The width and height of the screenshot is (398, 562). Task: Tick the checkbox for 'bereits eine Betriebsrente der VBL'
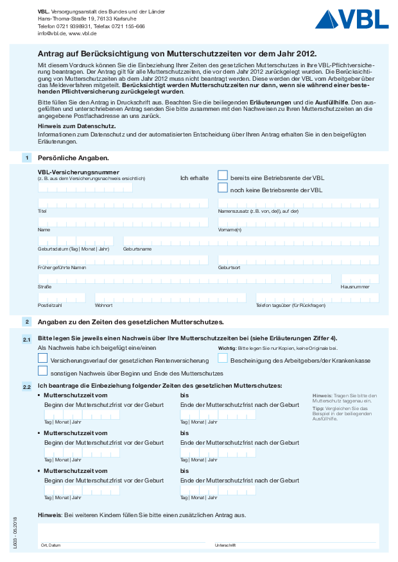coord(223,175)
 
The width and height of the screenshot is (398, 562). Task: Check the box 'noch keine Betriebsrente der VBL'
coord(223,188)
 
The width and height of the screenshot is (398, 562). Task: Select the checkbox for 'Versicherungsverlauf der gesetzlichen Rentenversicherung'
coord(43,359)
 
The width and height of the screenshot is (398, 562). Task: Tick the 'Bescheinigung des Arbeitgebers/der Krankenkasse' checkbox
coord(223,359)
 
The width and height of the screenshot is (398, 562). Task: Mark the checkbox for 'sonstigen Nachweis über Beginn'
coord(43,371)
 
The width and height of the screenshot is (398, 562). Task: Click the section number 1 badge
coord(26,158)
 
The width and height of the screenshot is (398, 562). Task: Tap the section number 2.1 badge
coord(26,339)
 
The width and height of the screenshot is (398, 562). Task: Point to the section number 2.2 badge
coord(26,387)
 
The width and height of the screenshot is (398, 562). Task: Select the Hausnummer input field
coord(359,279)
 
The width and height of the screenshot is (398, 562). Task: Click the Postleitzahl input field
coord(62,297)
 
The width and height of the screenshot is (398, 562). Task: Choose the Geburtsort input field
coord(298,260)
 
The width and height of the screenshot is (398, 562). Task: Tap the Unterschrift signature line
coord(296,536)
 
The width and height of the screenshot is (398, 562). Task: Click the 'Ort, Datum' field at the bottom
coord(122,536)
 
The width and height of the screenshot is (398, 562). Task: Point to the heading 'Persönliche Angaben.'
coord(73,158)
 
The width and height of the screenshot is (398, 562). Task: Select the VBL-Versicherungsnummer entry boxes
coord(85,187)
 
